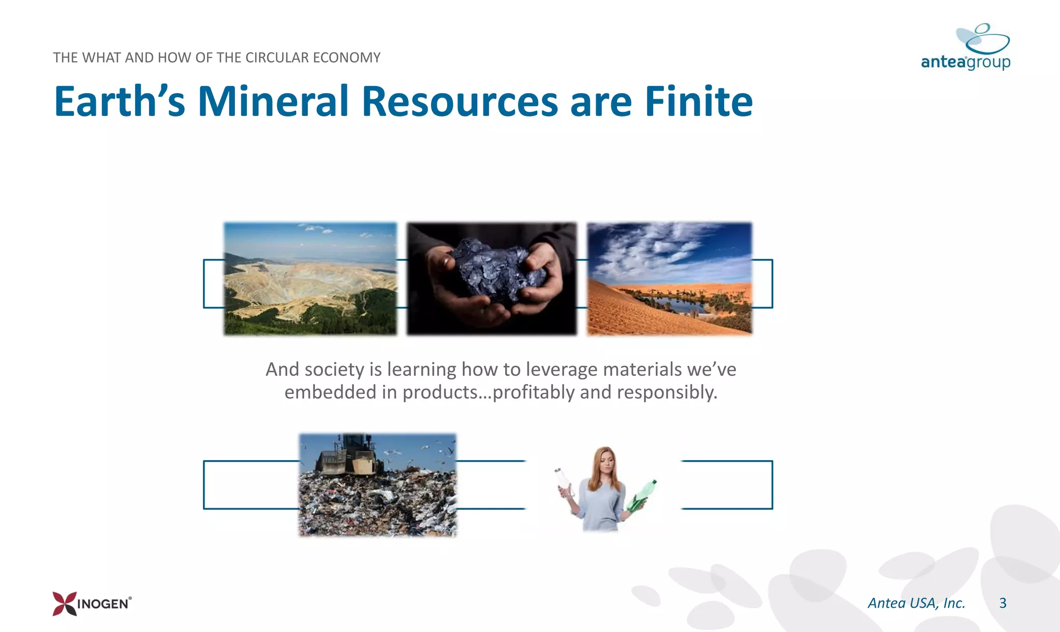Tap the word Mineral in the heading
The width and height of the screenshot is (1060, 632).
pos(273,101)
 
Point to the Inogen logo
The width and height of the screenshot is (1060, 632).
pos(92,604)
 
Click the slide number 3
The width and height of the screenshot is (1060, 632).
pos(1003,603)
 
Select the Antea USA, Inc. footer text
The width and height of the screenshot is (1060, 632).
pos(916,603)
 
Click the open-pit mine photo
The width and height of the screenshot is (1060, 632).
pos(310,280)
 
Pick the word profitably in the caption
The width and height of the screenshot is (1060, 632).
pos(534,392)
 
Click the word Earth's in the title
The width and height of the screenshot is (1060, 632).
pos(120,101)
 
